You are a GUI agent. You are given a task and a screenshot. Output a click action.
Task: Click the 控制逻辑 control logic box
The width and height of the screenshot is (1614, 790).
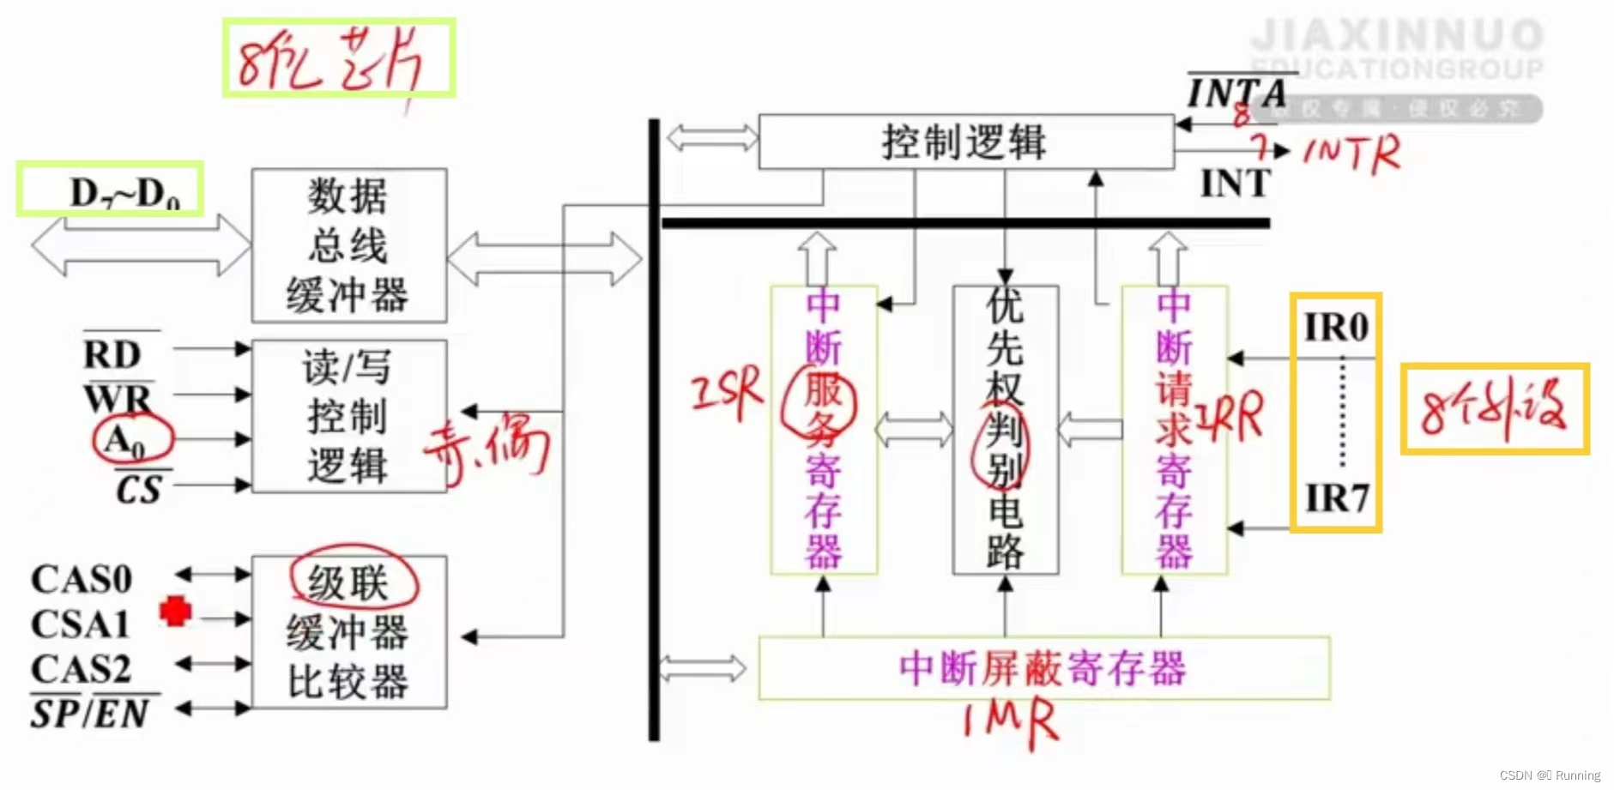click(x=965, y=142)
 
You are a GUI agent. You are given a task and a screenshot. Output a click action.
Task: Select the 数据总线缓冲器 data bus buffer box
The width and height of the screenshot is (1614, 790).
click(x=348, y=245)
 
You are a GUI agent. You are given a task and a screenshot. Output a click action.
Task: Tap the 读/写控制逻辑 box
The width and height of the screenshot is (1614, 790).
click(x=348, y=417)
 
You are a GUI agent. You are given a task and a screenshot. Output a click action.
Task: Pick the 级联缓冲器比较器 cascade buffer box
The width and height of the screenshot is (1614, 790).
click(x=348, y=633)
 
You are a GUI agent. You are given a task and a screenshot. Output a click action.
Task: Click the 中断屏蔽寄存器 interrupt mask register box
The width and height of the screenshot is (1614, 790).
click(x=1043, y=667)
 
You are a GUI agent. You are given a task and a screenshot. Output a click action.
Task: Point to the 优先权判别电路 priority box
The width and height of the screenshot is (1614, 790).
click(x=1005, y=429)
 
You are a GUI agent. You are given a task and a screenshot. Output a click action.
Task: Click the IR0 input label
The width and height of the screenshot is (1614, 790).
click(x=1336, y=327)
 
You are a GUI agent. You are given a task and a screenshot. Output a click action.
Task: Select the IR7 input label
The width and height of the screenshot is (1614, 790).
click(x=1336, y=498)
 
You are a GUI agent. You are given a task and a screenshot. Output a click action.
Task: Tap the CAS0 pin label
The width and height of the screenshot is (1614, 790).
click(x=82, y=580)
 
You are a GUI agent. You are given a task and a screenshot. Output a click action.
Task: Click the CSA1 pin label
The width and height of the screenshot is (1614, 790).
click(x=80, y=624)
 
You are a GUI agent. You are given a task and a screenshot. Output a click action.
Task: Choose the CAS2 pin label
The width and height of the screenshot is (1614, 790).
click(x=81, y=669)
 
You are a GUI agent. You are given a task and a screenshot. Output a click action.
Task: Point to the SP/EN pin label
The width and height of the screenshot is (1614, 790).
click(x=90, y=713)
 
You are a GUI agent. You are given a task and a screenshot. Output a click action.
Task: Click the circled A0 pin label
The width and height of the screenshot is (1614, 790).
click(x=126, y=440)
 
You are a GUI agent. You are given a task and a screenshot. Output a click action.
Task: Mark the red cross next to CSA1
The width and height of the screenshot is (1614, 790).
click(x=176, y=611)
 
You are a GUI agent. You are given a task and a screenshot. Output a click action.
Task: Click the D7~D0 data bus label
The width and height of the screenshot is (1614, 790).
click(x=124, y=193)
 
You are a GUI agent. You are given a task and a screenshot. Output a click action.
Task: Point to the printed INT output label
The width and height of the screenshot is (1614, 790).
click(x=1235, y=184)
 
